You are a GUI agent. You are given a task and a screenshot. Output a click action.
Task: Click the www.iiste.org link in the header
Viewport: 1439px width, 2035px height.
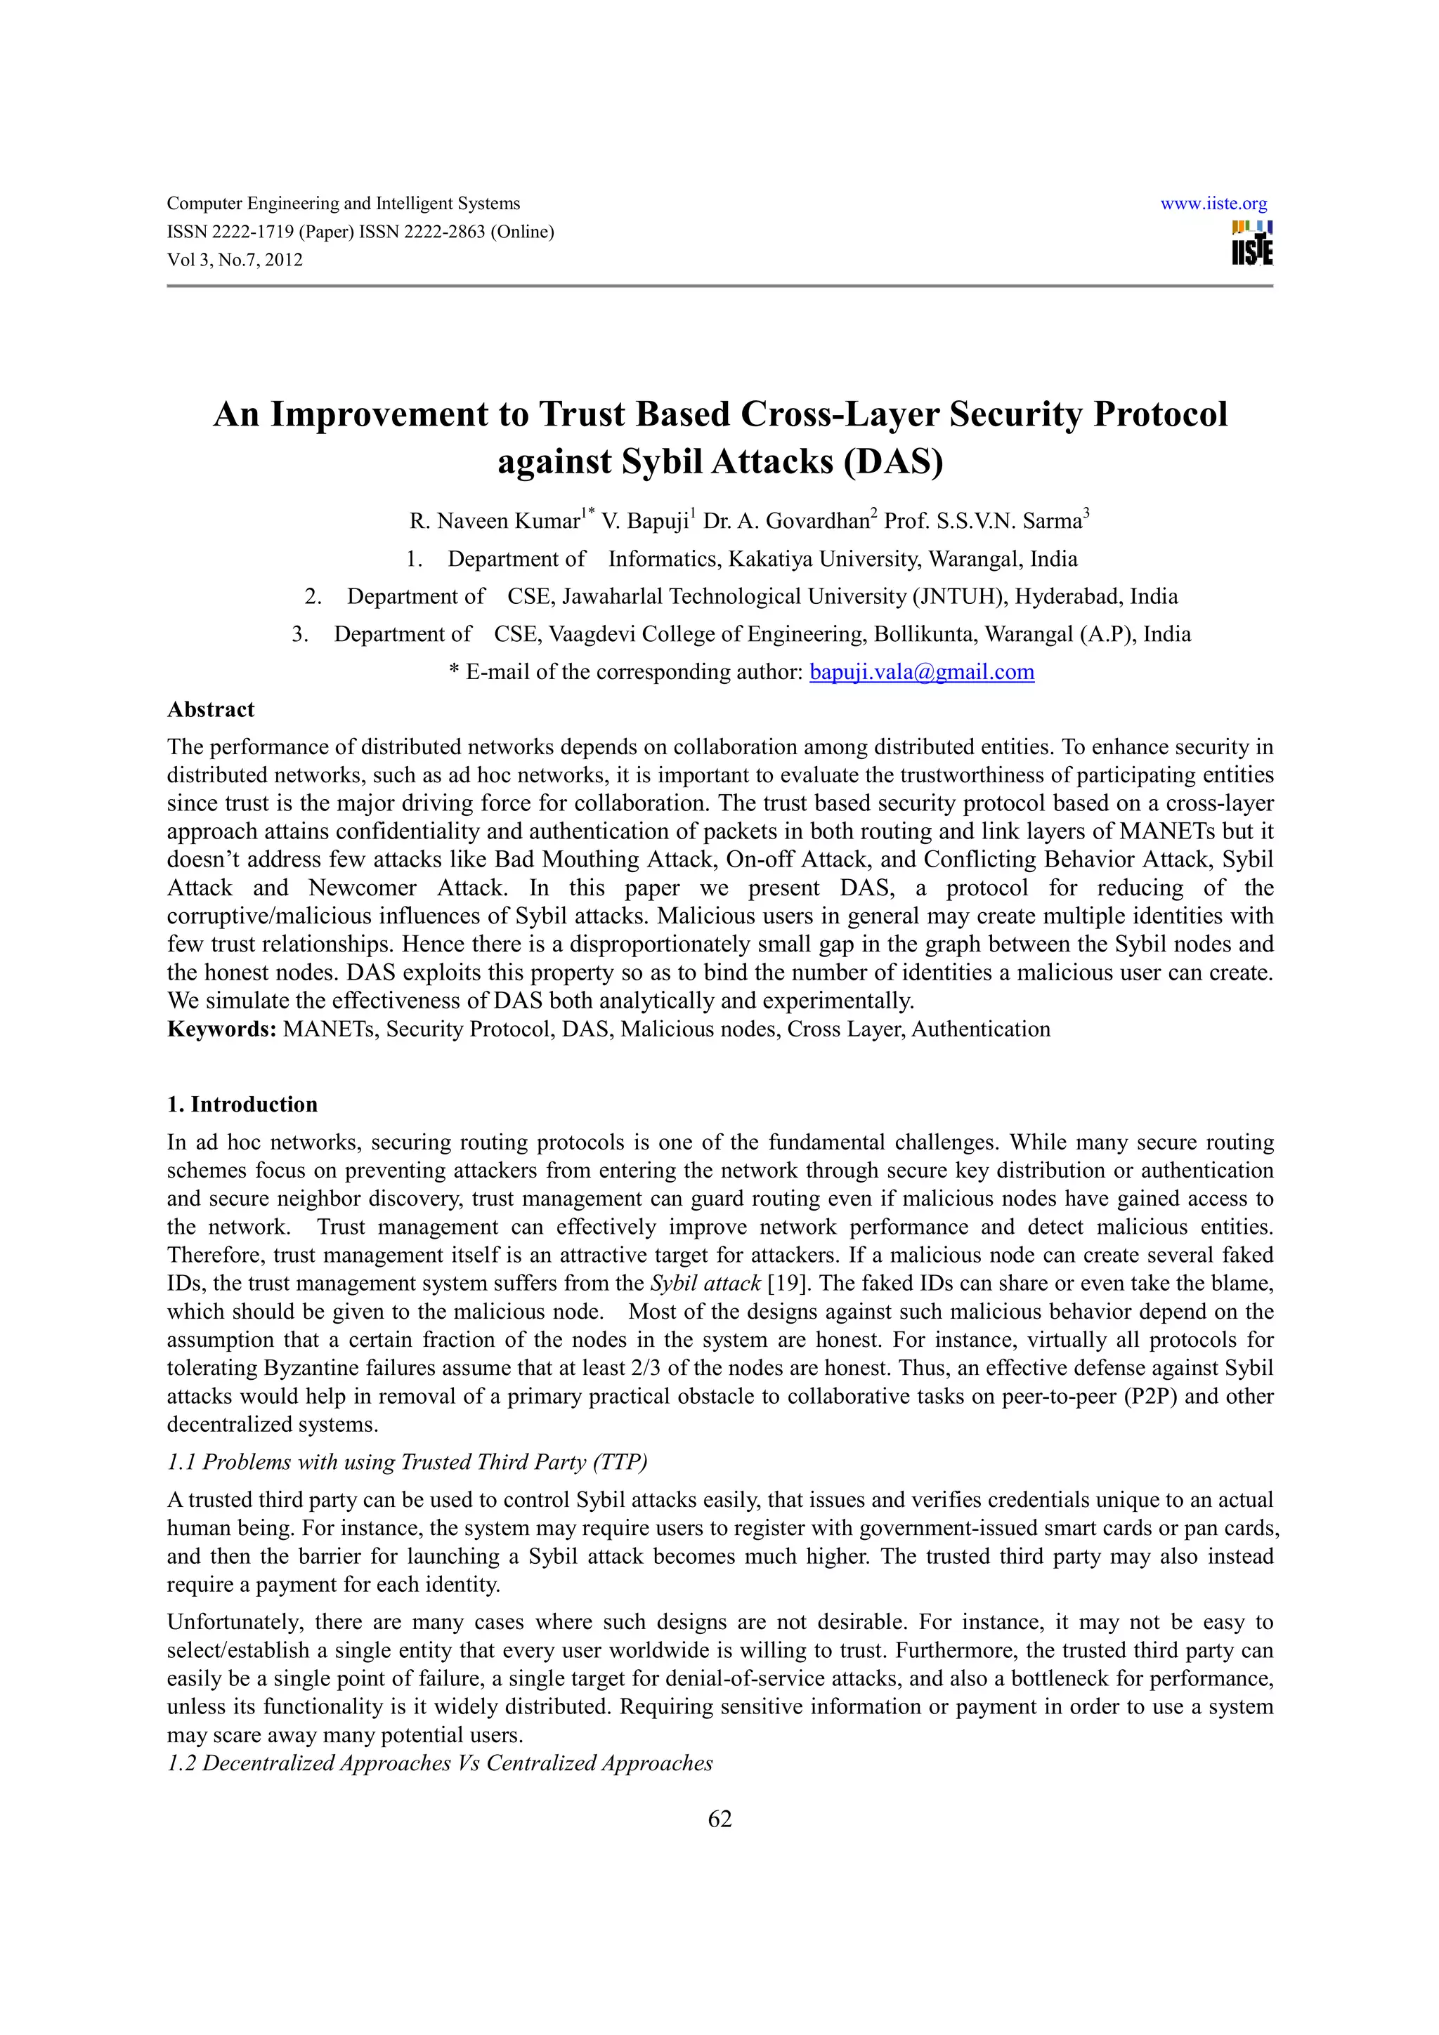click(1213, 203)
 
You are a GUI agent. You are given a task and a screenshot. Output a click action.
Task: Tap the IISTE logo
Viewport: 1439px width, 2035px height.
click(1251, 243)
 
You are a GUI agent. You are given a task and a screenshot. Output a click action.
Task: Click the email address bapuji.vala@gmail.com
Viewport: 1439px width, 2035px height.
click(922, 672)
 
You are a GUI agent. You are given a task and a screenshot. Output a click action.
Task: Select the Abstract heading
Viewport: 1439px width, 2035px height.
click(210, 709)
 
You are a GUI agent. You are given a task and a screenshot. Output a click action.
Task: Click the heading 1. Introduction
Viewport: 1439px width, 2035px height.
click(242, 1105)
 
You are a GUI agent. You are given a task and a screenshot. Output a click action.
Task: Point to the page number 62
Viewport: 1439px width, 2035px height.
click(719, 1819)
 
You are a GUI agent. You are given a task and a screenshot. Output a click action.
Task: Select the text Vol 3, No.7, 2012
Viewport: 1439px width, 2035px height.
click(235, 260)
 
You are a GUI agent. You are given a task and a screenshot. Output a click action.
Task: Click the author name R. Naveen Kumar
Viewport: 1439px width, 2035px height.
click(494, 521)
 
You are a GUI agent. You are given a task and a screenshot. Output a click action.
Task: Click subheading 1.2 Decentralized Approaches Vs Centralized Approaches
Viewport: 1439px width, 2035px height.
click(440, 1763)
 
